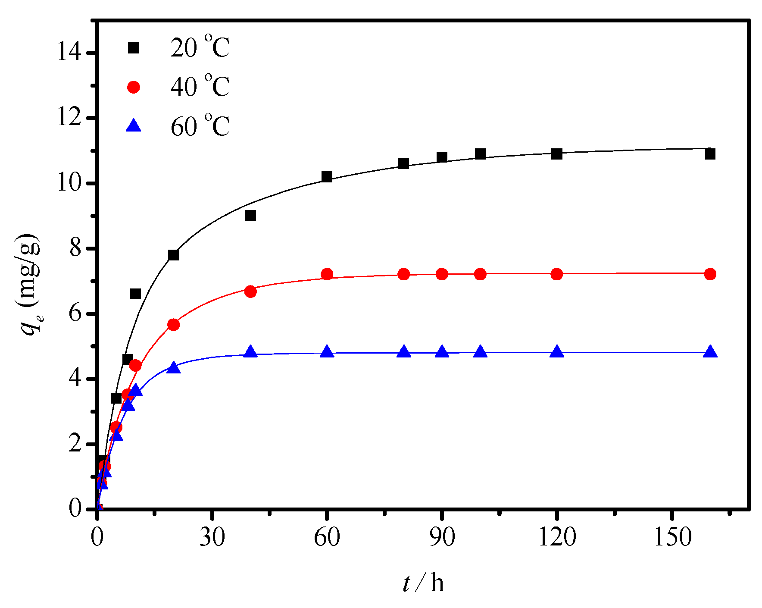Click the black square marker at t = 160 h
pyautogui.click(x=710, y=154)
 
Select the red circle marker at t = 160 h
pyautogui.click(x=710, y=274)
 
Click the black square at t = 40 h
pyautogui.click(x=250, y=216)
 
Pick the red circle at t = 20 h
pyautogui.click(x=173, y=325)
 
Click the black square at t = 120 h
pyautogui.click(x=557, y=154)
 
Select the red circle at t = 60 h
pyautogui.click(x=327, y=274)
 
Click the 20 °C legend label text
pyautogui.click(x=200, y=47)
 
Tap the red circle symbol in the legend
pyautogui.click(x=134, y=87)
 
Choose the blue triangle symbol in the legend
pyautogui.click(x=134, y=126)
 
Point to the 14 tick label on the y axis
pyautogui.click(x=69, y=53)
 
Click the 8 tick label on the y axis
pyautogui.click(x=75, y=248)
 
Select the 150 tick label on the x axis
pyautogui.click(x=672, y=537)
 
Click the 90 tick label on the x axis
pyautogui.click(x=442, y=537)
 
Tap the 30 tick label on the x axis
pyautogui.click(x=212, y=537)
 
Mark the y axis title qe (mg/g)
pyautogui.click(x=29, y=285)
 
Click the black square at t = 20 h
pyautogui.click(x=173, y=255)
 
